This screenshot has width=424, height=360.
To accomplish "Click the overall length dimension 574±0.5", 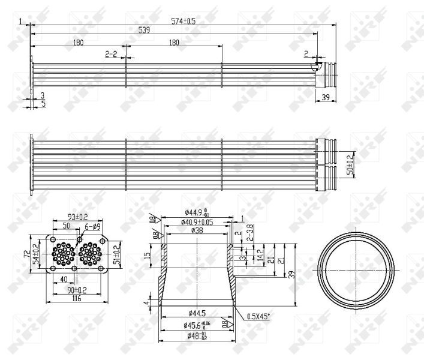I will pos(184,21).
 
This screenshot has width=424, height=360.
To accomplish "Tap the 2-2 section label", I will pos(111,54).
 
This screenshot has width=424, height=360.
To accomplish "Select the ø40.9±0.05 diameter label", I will pos(197,222).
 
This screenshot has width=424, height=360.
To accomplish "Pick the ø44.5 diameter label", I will pos(196,313).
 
